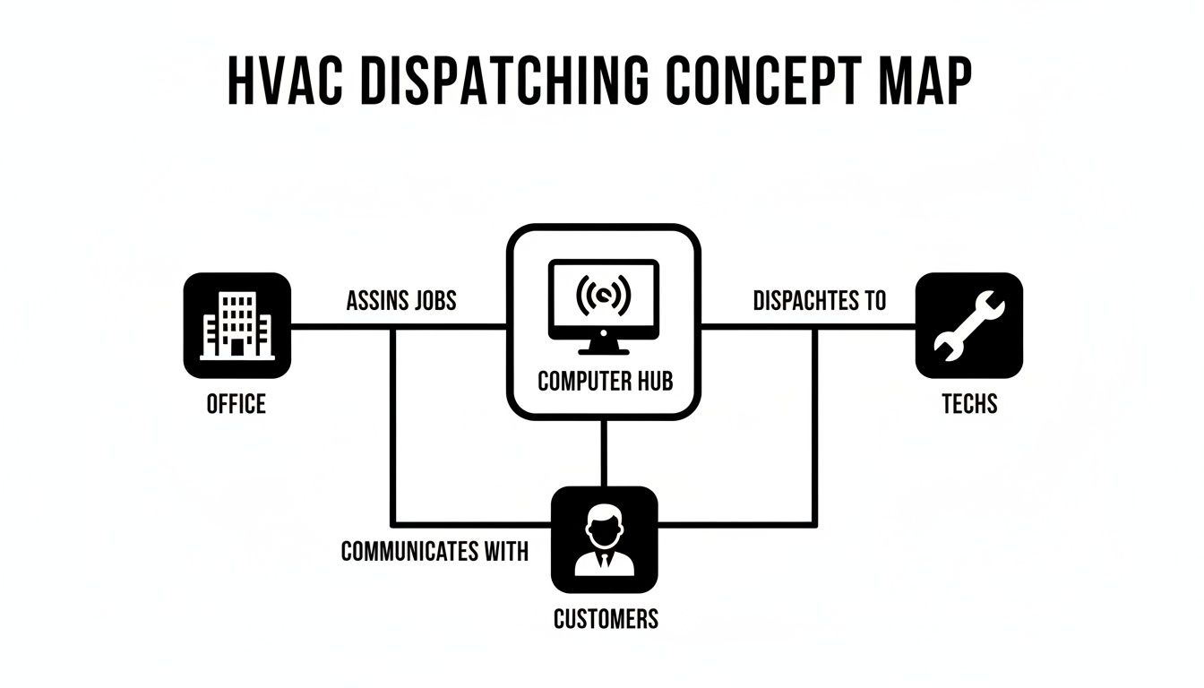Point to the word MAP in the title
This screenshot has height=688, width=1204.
click(924, 83)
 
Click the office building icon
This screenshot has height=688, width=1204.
click(236, 325)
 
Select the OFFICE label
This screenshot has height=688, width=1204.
click(236, 404)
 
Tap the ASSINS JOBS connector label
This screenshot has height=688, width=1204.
click(401, 301)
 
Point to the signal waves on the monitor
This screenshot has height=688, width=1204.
click(603, 294)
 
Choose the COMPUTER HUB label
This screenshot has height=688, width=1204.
click(605, 382)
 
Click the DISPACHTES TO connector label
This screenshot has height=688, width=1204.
click(819, 301)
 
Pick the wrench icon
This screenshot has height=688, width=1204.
click(968, 325)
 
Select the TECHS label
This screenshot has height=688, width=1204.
click(969, 404)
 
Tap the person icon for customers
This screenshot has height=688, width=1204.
click(604, 539)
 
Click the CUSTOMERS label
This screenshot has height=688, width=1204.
click(606, 618)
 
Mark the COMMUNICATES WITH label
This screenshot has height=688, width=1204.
click(434, 551)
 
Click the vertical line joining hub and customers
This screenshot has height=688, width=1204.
click(604, 452)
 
